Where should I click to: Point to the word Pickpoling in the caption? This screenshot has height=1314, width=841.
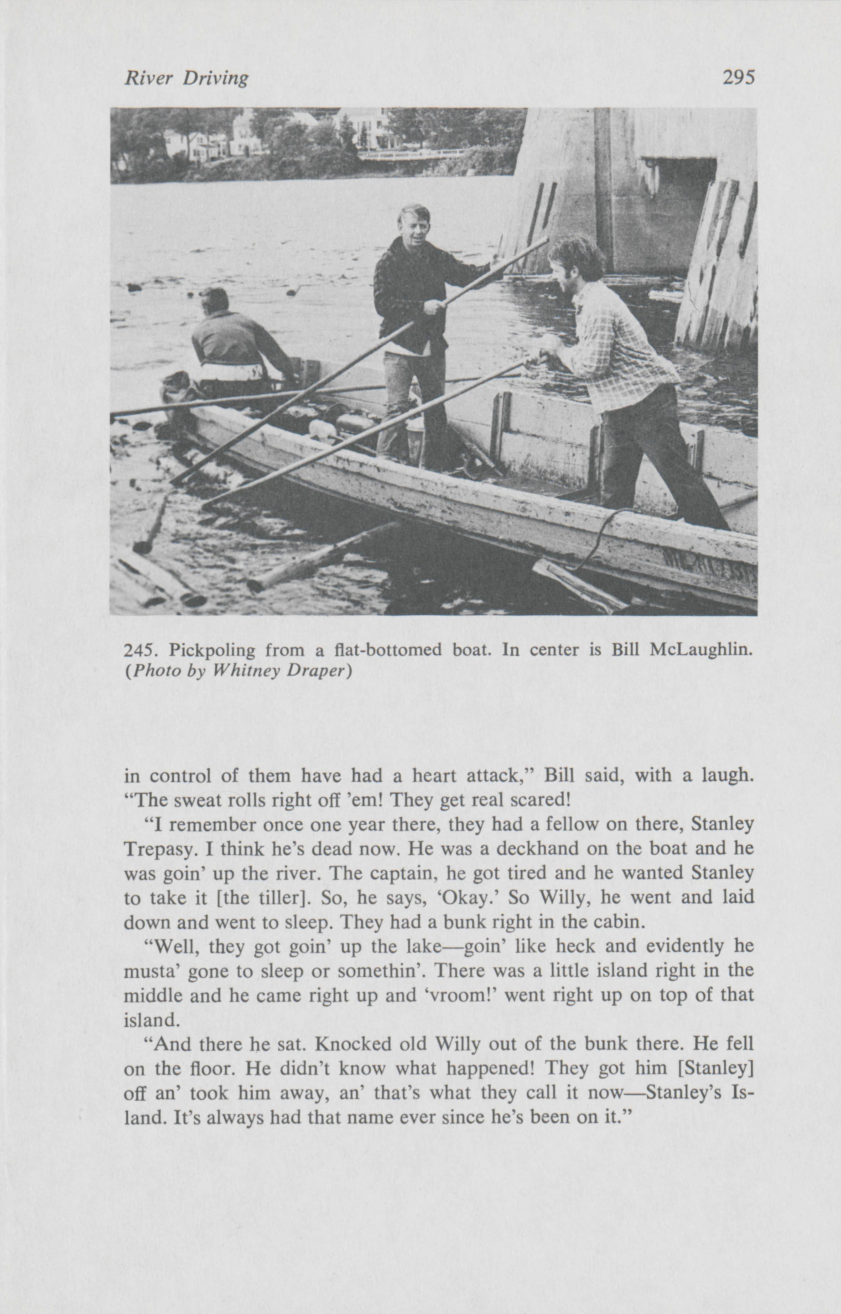coord(212,651)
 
